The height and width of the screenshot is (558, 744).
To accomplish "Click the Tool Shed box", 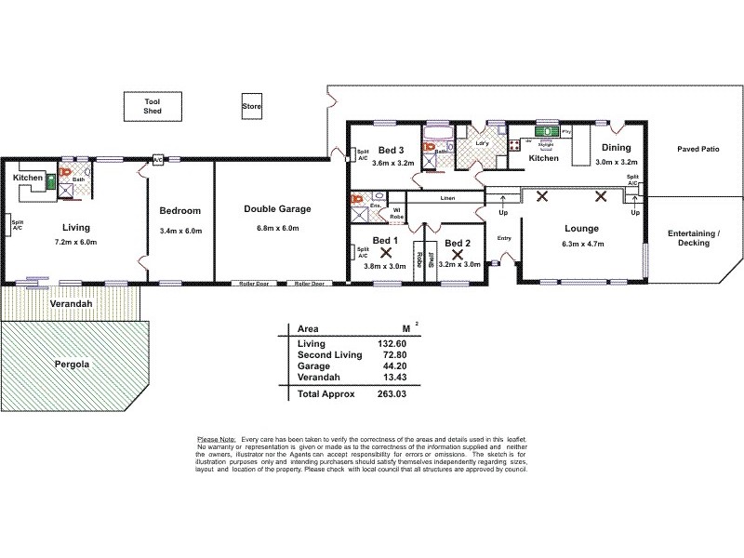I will [153, 105].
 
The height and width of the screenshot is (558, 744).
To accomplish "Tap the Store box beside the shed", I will [252, 106].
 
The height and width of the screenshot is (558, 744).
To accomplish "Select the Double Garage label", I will [277, 209].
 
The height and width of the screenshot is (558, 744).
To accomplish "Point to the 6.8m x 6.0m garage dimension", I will [277, 229].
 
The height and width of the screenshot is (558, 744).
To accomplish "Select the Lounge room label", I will [580, 228].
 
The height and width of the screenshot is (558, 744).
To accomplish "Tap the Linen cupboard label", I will [447, 199].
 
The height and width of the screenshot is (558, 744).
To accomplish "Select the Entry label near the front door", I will [504, 238].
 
